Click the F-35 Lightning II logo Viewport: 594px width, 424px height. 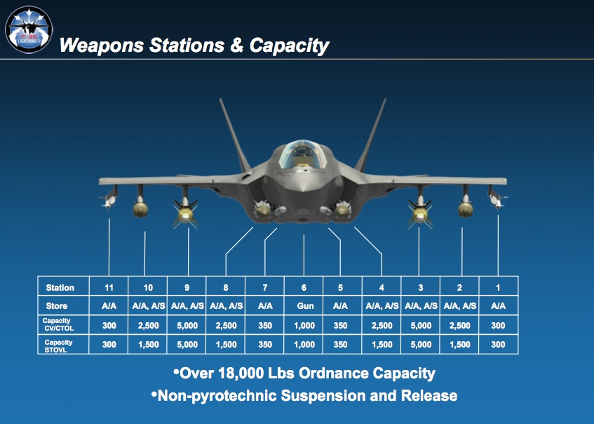29,29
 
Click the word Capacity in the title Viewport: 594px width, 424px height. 289,46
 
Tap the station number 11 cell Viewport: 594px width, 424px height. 109,287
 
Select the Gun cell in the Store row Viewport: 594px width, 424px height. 305,305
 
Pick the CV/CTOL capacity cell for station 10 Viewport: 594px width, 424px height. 148,326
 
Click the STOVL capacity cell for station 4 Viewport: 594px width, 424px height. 382,345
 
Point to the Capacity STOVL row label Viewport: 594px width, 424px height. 58,345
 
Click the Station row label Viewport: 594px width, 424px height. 60,288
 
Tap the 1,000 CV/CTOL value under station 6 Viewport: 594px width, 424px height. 304,326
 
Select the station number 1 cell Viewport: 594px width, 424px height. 498,287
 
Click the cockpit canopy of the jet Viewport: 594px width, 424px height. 302,154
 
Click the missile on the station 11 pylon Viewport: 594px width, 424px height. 109,200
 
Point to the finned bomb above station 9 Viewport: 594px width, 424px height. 185,213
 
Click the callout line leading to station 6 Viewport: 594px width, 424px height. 304,256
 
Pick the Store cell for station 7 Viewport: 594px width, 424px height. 265,305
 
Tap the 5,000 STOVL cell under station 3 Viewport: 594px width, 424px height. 421,345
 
